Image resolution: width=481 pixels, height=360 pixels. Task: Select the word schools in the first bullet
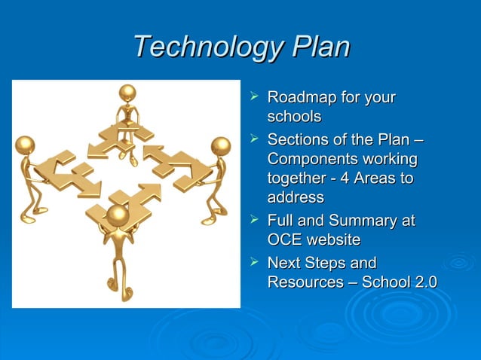pos(294,117)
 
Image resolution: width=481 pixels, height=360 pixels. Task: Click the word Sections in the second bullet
pos(297,140)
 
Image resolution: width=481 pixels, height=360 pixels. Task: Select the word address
pos(296,197)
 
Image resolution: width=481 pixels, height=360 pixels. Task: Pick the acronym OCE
pos(285,240)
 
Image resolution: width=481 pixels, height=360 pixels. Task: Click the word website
pos(333,240)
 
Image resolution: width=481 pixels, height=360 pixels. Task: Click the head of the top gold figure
pos(128,93)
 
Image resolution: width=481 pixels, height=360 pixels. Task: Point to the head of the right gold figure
pos(220,145)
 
